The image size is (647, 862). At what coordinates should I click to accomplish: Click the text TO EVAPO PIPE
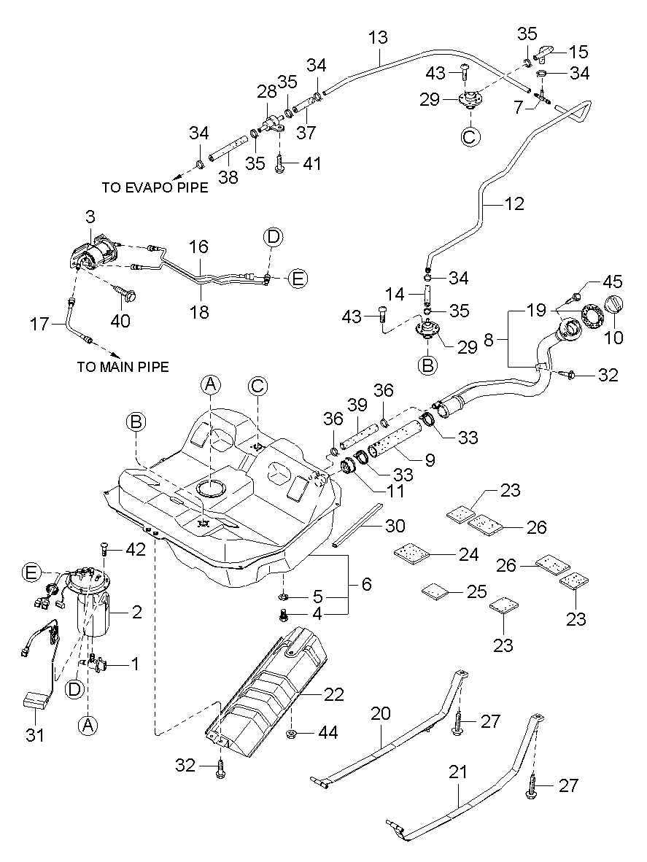point(155,187)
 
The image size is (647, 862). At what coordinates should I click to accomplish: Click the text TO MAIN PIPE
point(123,367)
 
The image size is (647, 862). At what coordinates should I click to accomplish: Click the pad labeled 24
point(410,554)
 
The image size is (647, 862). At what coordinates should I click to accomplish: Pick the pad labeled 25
point(436,589)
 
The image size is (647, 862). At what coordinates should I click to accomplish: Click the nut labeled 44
point(290,732)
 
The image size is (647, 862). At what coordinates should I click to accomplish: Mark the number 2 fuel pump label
point(136,613)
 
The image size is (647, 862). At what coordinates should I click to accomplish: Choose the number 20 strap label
point(379,715)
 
